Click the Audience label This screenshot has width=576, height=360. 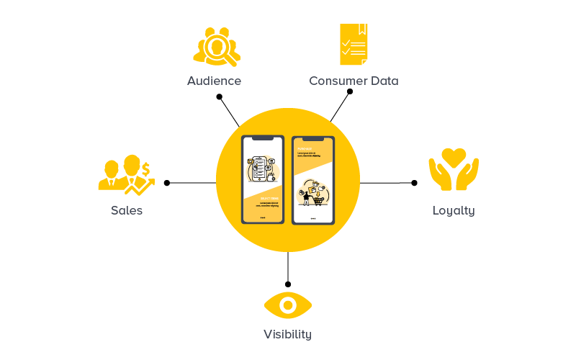pos(214,81)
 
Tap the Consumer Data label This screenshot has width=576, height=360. pos(354,81)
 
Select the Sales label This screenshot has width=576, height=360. pos(127,210)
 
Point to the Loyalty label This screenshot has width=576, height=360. pos(454,210)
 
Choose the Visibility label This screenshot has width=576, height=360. pos(287,334)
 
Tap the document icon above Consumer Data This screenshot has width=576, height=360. pos(354,44)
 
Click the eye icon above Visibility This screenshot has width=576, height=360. pos(288,305)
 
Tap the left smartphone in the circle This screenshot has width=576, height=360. pos(262,179)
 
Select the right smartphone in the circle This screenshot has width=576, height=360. pos(313,179)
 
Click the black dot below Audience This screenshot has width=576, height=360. pos(219,96)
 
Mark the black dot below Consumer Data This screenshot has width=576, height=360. pos(350,91)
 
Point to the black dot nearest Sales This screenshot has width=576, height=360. pos(167,183)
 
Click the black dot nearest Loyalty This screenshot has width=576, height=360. pos(414,183)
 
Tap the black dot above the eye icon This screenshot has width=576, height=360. pos(288,284)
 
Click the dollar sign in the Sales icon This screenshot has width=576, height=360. pos(145,169)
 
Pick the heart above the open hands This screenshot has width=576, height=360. pos(454,156)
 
